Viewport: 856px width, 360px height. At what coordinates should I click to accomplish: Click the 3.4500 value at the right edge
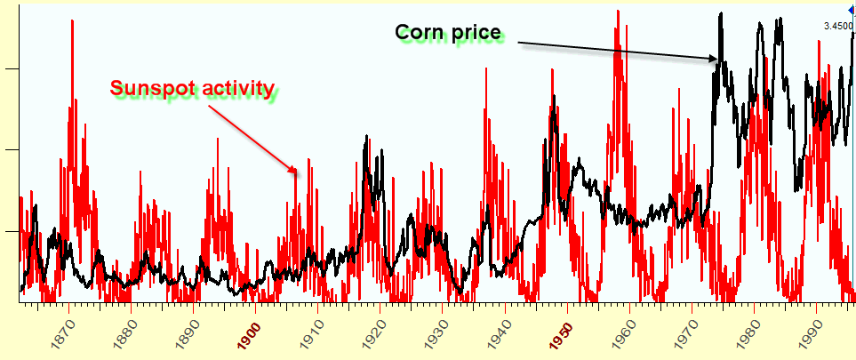838,26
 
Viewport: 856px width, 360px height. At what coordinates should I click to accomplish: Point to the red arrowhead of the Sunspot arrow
294,169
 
